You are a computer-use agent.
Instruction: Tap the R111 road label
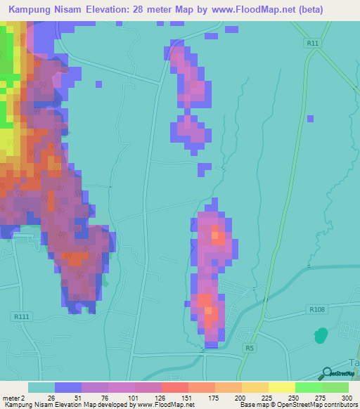(x=21, y=318)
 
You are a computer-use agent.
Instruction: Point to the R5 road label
(x=250, y=347)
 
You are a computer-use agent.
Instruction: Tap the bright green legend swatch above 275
(x=309, y=387)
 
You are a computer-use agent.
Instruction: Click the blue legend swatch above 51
(x=68, y=387)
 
